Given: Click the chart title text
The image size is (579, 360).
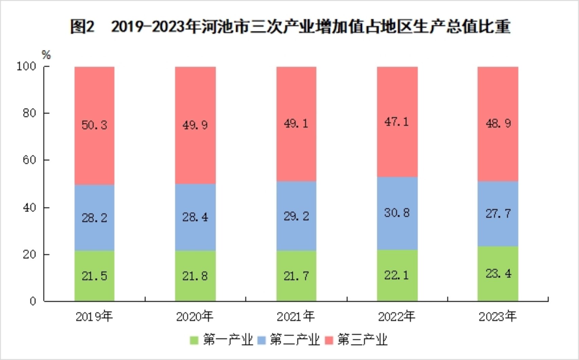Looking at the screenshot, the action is [x=290, y=26].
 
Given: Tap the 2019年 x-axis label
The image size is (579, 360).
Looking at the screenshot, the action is [x=94, y=317].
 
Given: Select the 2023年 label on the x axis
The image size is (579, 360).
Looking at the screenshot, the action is [x=498, y=317].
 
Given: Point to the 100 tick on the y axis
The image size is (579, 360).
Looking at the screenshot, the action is [x=26, y=67].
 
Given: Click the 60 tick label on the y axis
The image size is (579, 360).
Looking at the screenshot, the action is [x=29, y=160].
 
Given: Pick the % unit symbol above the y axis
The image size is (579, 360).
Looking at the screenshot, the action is [x=46, y=55].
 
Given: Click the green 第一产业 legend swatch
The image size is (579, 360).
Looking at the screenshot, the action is [x=194, y=340].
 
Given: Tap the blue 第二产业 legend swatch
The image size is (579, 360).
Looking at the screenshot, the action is [x=262, y=340].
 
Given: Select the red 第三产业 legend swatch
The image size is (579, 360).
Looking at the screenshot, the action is [x=329, y=340].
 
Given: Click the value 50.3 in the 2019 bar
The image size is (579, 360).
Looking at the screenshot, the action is [x=94, y=125].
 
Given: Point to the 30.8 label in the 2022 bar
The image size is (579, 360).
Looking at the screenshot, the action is [x=397, y=213].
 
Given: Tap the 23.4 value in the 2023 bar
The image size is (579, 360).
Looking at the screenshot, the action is [x=498, y=274].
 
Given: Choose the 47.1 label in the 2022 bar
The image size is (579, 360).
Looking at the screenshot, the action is [x=397, y=122].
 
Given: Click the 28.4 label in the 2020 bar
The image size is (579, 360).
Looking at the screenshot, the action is [x=195, y=217].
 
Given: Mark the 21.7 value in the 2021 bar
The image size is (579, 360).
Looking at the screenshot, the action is [x=296, y=276].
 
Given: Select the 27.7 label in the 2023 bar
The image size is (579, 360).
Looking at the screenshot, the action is [x=498, y=214].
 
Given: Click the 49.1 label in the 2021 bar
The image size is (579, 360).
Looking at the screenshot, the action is [x=296, y=123].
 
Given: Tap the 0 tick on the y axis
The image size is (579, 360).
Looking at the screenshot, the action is [x=33, y=301].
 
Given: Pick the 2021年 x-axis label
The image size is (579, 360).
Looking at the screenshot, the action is [x=296, y=317].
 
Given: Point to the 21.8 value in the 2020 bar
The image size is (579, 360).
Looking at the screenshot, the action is [x=195, y=276].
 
